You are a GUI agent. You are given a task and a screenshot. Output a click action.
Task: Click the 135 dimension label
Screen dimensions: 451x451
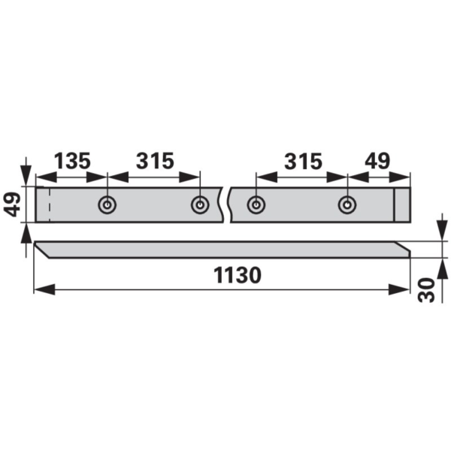pyautogui.click(x=72, y=161)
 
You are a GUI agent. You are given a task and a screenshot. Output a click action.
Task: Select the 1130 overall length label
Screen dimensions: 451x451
pyautogui.click(x=238, y=275)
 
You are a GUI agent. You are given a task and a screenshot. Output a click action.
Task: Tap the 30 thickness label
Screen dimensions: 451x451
pyautogui.click(x=426, y=290)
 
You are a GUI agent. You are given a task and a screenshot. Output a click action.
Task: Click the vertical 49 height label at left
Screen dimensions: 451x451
pyautogui.click(x=12, y=204)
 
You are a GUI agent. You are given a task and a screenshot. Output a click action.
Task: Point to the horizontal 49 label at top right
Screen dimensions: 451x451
pyautogui.click(x=377, y=161)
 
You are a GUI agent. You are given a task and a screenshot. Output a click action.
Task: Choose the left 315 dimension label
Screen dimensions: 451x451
pyautogui.click(x=155, y=161)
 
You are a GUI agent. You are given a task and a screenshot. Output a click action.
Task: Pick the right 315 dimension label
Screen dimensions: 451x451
pyautogui.click(x=303, y=161)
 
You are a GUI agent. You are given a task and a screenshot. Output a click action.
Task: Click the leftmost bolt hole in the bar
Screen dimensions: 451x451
pyautogui.click(x=107, y=204)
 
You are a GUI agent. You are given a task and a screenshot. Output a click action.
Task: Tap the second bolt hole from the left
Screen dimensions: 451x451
pyautogui.click(x=200, y=204)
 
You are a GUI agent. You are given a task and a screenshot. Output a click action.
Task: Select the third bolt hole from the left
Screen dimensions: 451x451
pyautogui.click(x=256, y=204)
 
